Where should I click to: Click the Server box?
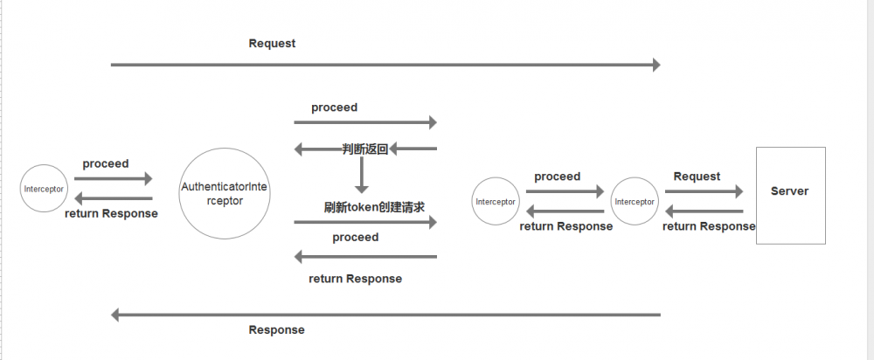pos(790,195)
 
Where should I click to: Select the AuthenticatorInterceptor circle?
pos(223,194)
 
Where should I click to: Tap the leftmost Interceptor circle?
pos(44,188)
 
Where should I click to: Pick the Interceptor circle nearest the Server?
pos(635,201)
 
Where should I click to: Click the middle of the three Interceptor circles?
pos(495,201)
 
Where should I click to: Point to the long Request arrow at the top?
pos(385,65)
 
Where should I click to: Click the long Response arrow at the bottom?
pos(385,315)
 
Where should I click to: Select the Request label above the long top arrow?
pos(272,43)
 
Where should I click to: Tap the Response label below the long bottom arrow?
pos(276,330)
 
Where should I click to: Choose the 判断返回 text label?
pos(364,149)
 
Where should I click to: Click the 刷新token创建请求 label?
pos(373,207)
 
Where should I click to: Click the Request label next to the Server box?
pos(697,177)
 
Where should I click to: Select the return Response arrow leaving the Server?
pos(704,211)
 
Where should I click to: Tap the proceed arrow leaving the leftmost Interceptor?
pos(114,179)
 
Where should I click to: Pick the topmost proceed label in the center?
pos(334,107)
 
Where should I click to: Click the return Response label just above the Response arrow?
pos(355,279)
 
